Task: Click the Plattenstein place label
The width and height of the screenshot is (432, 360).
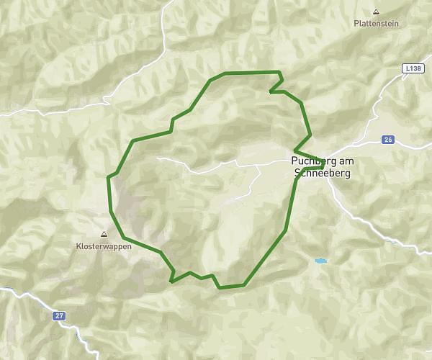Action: pos(376,23)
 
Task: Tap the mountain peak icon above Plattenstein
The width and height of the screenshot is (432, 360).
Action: pos(376,12)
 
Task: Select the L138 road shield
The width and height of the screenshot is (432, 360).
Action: pos(412,68)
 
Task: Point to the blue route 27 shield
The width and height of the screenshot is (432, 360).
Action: pos(58,315)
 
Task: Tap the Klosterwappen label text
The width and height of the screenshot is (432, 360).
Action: pos(103,245)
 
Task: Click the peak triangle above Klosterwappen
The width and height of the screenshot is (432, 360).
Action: pos(103,234)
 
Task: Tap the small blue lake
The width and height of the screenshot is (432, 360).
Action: pos(320,261)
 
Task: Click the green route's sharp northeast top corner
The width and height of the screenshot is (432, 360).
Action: pos(279,72)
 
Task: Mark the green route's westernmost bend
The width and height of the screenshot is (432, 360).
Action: pos(109,177)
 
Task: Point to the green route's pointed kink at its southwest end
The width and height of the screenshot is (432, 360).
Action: pos(171,281)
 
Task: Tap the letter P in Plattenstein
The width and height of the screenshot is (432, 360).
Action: pos(356,23)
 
